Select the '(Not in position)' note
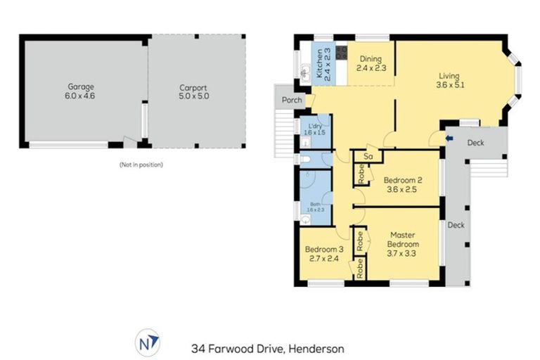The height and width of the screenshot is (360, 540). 141,165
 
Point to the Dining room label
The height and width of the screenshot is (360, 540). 371,64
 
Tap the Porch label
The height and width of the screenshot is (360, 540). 292,101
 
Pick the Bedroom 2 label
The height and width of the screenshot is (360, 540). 401,183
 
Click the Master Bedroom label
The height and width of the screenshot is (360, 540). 401,243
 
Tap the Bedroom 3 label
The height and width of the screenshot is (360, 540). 323,254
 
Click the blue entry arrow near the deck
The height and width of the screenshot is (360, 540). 450,139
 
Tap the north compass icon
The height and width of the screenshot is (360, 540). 148,343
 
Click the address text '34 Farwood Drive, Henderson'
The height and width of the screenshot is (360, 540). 267,348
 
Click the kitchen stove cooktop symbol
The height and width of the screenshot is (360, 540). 341,53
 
